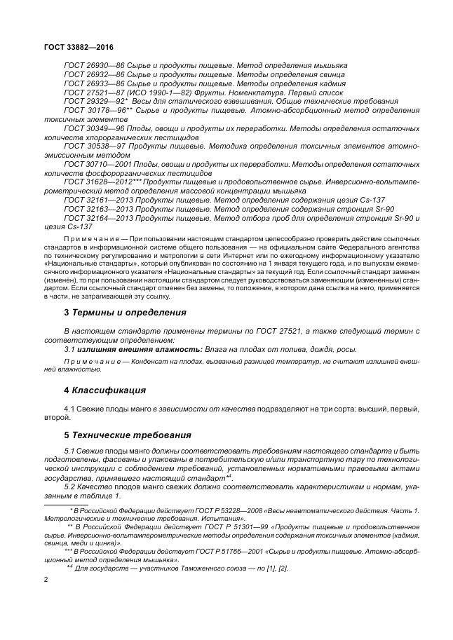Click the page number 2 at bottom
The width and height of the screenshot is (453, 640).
point(46,580)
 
